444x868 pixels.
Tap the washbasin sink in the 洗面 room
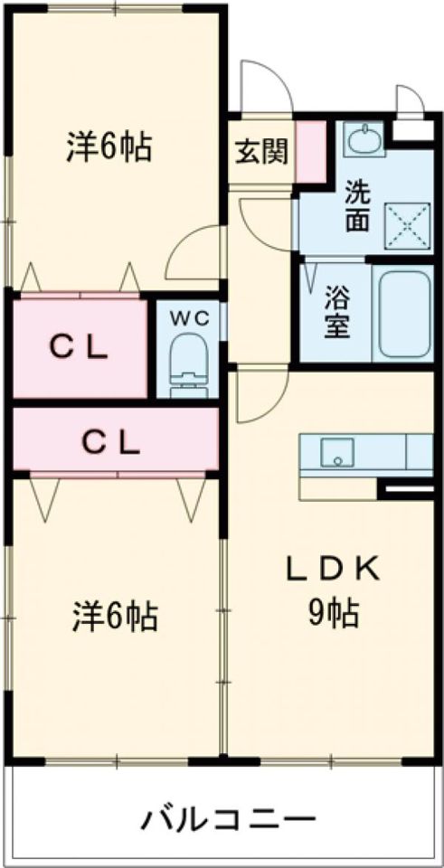[364, 137]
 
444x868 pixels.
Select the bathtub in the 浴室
[404, 314]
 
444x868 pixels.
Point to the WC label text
[189, 318]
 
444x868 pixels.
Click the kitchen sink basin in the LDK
[337, 452]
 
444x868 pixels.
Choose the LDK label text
[333, 571]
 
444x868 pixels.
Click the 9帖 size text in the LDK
[334, 613]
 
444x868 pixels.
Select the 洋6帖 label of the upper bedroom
[109, 146]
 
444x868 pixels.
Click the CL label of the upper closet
[79, 348]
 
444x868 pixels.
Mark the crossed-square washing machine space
[408, 226]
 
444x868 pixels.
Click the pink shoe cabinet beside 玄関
[311, 150]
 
